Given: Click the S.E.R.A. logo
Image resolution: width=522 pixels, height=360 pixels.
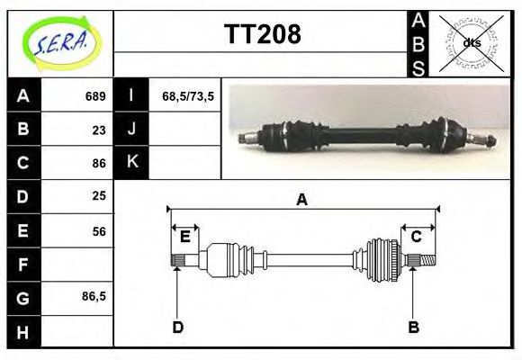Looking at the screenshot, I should (59, 42).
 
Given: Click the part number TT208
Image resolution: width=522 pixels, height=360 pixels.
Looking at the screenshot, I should (262, 36).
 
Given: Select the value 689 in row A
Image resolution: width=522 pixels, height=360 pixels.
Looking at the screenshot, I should (95, 96).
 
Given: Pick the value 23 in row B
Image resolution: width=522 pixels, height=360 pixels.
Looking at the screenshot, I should (98, 130).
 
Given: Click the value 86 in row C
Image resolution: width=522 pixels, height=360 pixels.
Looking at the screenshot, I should (98, 163).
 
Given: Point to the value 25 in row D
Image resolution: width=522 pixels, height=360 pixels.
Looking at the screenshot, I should (98, 196).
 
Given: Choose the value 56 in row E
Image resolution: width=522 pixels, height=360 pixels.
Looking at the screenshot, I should (98, 230).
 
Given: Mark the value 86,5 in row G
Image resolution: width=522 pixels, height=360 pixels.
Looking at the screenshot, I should (94, 296).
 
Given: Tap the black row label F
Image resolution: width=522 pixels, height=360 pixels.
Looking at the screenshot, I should (23, 265).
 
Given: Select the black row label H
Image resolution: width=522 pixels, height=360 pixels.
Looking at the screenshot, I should (23, 331).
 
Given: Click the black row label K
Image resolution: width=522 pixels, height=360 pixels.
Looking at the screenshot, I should (132, 163).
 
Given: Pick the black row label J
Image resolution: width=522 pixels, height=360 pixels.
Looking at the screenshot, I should (132, 130).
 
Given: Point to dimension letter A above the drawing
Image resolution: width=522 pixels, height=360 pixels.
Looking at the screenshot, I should (302, 200).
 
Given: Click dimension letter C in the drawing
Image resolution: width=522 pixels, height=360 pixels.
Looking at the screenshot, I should (417, 237).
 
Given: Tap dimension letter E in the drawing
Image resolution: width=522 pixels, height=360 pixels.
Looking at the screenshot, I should (184, 237).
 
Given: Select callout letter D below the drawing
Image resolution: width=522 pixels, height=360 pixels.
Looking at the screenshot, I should (178, 327).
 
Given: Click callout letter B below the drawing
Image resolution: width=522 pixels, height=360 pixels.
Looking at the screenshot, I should (414, 327).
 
